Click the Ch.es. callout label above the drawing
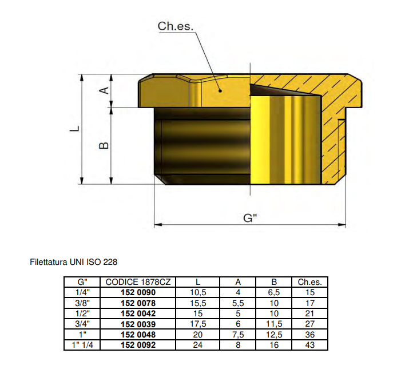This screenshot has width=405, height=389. pos(176,26)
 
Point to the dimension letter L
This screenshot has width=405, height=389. pos(74,129)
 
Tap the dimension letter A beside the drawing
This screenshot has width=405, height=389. pos(104,91)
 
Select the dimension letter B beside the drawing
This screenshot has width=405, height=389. pos(104,146)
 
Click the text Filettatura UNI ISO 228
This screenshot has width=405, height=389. pos(74,263)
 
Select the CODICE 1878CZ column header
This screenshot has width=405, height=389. pos(138,281)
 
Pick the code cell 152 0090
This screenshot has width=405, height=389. pos(138,292)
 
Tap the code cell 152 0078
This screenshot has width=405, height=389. pos(138,303)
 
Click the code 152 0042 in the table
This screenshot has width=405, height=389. pos(138,313)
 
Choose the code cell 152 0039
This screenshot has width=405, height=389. pos(138,324)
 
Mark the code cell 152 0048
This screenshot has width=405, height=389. pos(138,334)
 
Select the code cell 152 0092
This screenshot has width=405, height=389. pos(138,345)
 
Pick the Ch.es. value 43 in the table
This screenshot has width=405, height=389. pos(309,345)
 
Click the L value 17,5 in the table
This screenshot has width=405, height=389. pos(197,324)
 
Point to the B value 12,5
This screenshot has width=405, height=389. pos(274,334)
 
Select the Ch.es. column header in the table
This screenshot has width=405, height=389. pos(309,281)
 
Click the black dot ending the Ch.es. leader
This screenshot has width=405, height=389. pos(220,89)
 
